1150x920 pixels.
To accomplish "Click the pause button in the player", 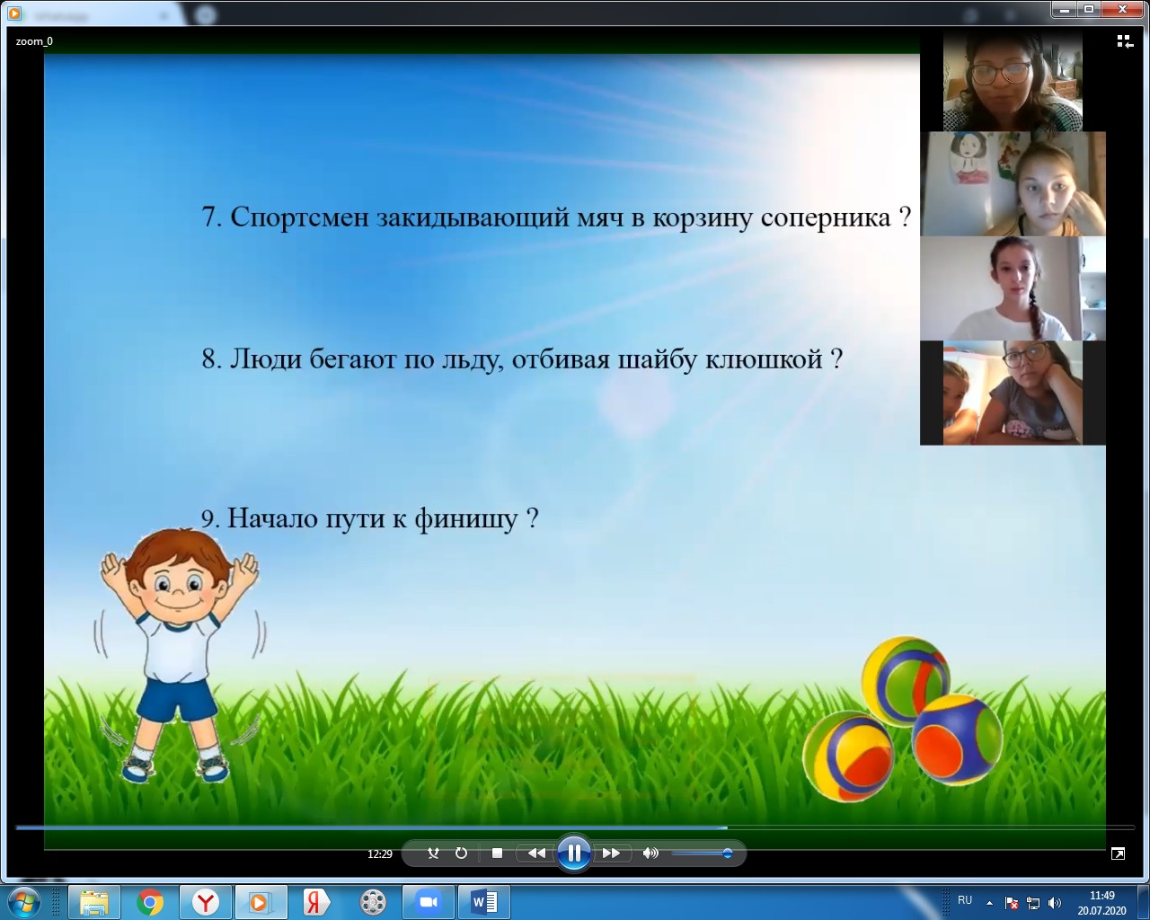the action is coord(573,853).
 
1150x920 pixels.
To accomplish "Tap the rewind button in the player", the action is coord(536,854).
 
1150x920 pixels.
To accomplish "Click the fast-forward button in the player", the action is coord(611,854).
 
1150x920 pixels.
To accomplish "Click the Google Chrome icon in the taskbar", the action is coord(150,902).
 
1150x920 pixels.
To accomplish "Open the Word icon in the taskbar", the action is coord(484,902).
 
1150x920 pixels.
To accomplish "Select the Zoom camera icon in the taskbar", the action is coord(428,902).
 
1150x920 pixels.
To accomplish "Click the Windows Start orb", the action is coord(24,902).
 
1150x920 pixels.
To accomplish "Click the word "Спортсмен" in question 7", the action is coord(299,217).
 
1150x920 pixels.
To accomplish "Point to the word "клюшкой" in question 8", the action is coord(764,358).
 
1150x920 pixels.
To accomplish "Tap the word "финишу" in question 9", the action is coord(466,518).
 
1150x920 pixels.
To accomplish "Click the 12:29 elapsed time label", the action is coord(379,854).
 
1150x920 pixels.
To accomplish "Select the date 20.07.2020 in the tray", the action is coord(1101,910).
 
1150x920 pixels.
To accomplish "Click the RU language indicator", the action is coord(965,899).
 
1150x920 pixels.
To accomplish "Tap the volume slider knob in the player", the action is coord(727,854).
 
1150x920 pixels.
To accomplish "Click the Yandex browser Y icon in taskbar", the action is coord(205,902).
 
